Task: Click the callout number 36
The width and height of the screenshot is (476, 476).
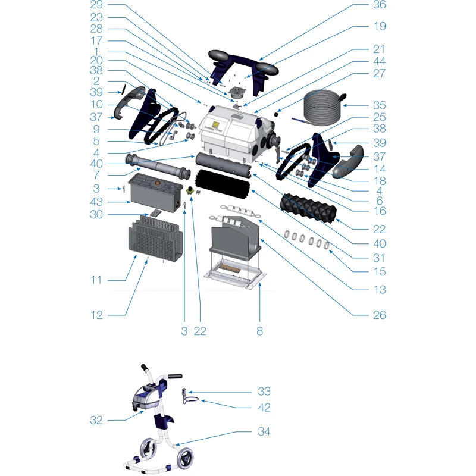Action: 380,5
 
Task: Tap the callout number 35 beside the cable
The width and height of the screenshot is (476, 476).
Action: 380,105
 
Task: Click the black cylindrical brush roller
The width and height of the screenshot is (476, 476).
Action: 223,184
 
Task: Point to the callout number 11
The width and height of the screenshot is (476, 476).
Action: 96,280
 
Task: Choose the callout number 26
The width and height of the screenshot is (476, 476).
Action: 380,315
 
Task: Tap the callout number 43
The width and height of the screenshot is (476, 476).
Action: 96,202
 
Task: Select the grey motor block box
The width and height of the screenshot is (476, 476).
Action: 156,192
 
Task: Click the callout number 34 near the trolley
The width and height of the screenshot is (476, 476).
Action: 264,431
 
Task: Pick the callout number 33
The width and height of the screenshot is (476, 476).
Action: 264,392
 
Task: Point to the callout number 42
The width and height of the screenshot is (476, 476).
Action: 264,408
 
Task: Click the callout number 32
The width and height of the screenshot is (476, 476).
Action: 96,420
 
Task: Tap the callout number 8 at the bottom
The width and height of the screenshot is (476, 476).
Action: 259,331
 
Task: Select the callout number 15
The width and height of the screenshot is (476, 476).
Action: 380,271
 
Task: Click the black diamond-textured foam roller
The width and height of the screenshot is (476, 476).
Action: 308,208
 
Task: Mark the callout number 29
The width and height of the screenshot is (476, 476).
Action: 96,5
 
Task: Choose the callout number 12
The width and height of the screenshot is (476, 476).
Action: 96,315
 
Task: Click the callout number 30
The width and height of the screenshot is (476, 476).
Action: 96,215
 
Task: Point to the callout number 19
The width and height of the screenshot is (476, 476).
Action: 380,26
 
